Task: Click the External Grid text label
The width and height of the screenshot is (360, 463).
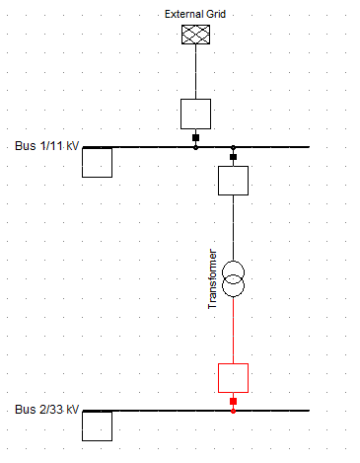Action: [x=195, y=14]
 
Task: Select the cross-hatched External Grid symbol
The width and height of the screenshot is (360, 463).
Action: [x=195, y=35]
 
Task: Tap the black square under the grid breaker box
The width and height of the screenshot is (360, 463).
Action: [x=195, y=137]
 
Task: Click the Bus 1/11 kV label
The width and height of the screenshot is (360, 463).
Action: [x=47, y=146]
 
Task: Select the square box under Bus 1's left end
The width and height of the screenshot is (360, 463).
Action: [x=97, y=177]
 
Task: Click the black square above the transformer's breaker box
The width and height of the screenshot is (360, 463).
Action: [x=233, y=157]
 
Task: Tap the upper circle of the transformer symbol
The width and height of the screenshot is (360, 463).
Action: [x=233, y=262]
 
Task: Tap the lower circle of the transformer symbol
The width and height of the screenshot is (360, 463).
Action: [x=233, y=296]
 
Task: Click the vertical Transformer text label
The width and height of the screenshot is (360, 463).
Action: [x=212, y=279]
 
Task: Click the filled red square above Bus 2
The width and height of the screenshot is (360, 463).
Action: [x=233, y=402]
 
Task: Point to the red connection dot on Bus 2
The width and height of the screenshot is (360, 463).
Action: [x=233, y=411]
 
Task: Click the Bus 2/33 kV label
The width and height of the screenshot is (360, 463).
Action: [x=47, y=410]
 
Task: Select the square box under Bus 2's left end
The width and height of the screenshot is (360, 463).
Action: [x=97, y=440]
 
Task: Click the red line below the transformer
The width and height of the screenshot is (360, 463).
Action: [x=233, y=330]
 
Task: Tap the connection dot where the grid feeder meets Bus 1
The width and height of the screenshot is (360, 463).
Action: [x=195, y=147]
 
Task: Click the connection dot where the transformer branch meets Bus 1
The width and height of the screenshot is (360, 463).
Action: [x=233, y=147]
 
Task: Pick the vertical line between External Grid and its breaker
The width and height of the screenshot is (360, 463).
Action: [x=195, y=71]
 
